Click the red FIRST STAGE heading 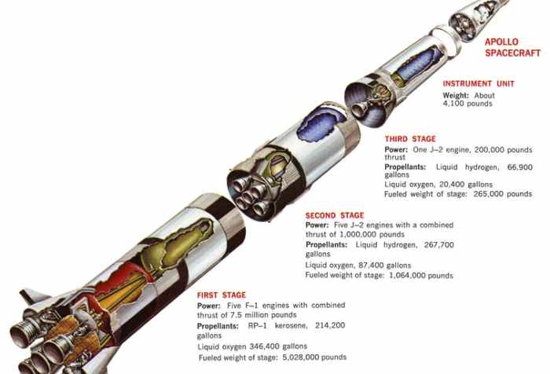tap(222, 295)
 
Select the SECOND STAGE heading tap(335, 215)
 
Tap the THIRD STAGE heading tap(410, 139)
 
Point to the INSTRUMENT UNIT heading tap(478, 84)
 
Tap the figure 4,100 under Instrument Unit tap(453, 104)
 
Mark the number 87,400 tap(371, 266)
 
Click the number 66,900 tap(520, 167)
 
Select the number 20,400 tap(453, 185)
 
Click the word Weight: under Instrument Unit tap(456, 95)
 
